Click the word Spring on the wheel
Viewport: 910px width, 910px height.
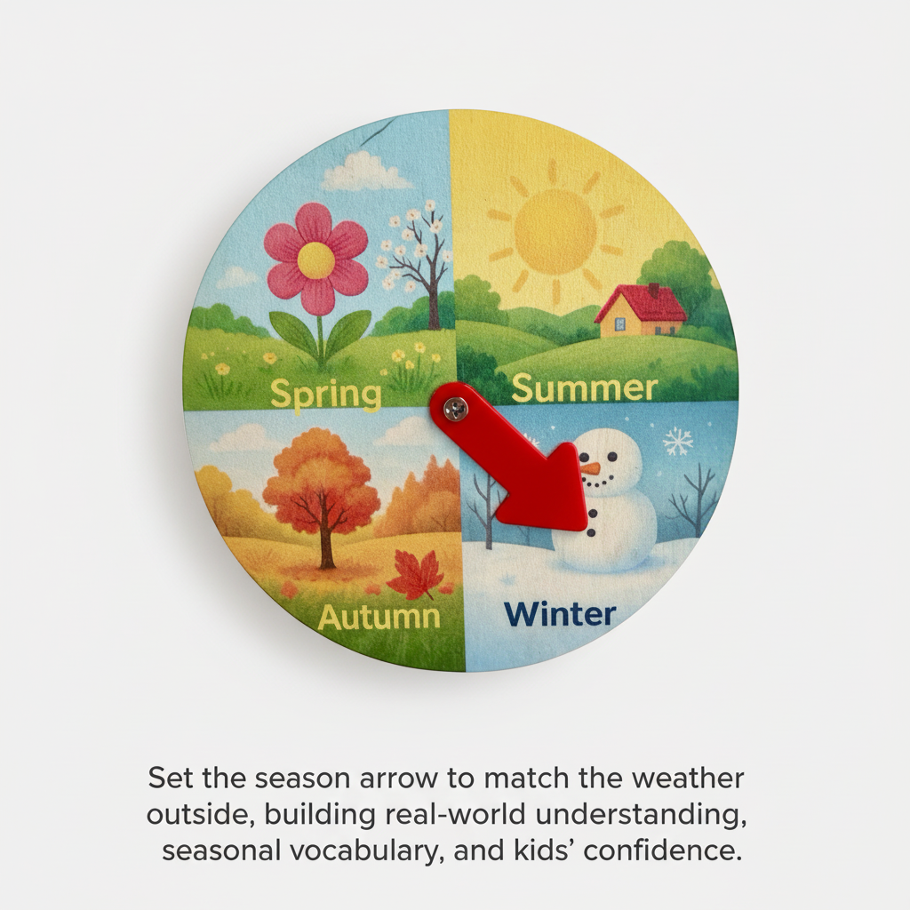coord(325,392)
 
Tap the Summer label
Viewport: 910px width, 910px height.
coord(585,387)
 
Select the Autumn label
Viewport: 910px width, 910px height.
coord(379,616)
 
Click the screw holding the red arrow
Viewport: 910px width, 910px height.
coord(457,408)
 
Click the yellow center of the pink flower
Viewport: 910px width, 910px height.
coord(316,259)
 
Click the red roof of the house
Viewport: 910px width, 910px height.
coord(642,305)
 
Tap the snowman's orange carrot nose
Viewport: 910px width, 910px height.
coord(589,467)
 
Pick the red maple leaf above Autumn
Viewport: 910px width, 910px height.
coord(415,573)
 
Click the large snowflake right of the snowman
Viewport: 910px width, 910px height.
coord(679,440)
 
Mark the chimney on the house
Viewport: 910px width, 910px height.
coord(653,291)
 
